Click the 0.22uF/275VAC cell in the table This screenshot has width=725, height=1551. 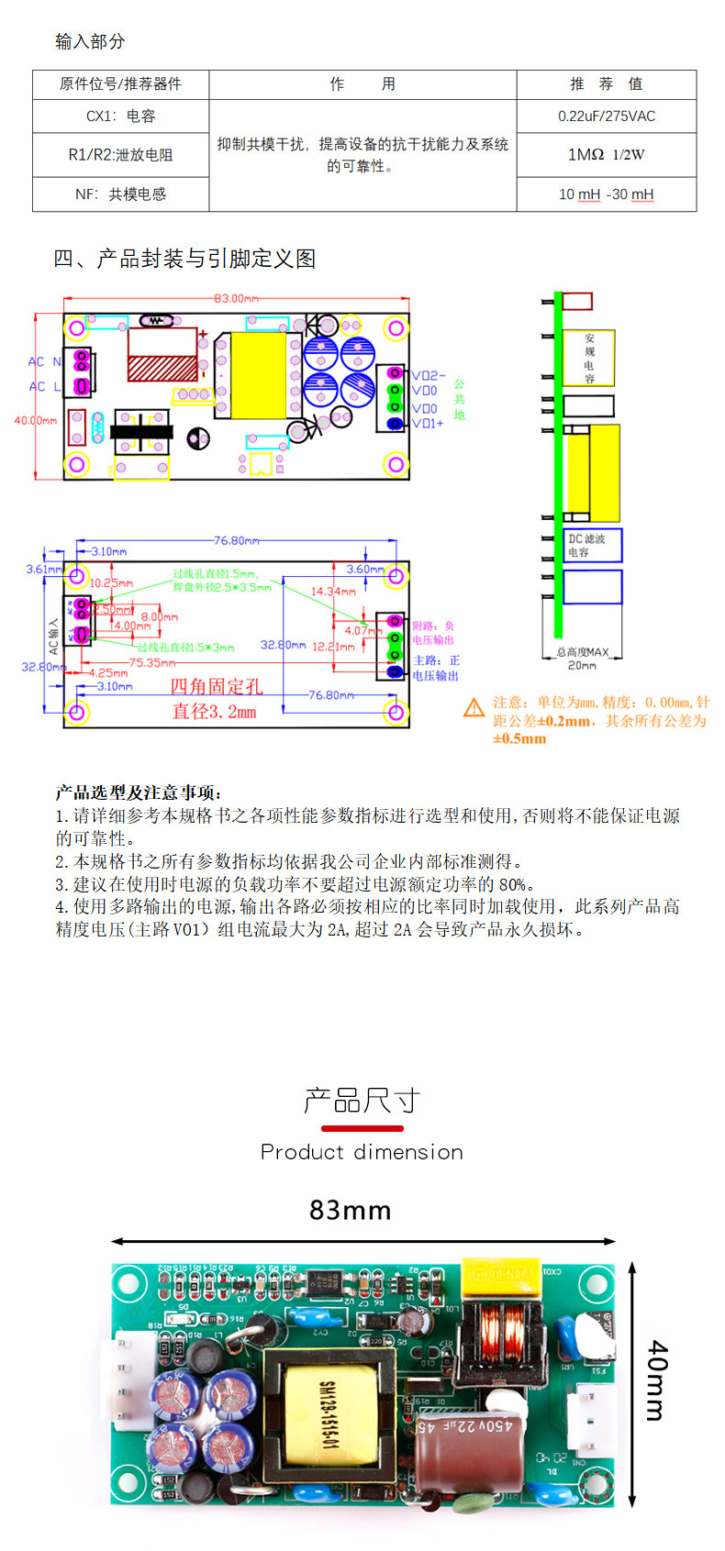607,116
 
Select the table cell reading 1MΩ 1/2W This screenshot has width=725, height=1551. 607,155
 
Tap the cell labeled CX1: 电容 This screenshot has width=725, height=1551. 121,116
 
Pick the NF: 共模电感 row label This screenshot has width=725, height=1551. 121,194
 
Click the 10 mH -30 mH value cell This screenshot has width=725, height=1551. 607,194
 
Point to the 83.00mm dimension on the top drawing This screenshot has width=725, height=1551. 236,298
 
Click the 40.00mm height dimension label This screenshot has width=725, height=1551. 35,420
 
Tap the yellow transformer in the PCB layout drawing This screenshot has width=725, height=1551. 259,374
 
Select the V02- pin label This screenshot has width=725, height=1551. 428,375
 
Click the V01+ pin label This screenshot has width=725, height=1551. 428,424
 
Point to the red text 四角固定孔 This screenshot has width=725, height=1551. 217,686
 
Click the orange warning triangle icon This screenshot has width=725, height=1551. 474,707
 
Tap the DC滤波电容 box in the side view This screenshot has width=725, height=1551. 593,545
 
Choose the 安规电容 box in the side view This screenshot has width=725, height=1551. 588,358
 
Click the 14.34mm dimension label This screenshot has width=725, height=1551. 332,592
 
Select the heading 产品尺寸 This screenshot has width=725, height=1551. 362,1100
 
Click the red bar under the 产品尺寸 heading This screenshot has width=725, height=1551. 362,1128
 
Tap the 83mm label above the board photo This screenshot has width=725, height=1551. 350,1211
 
